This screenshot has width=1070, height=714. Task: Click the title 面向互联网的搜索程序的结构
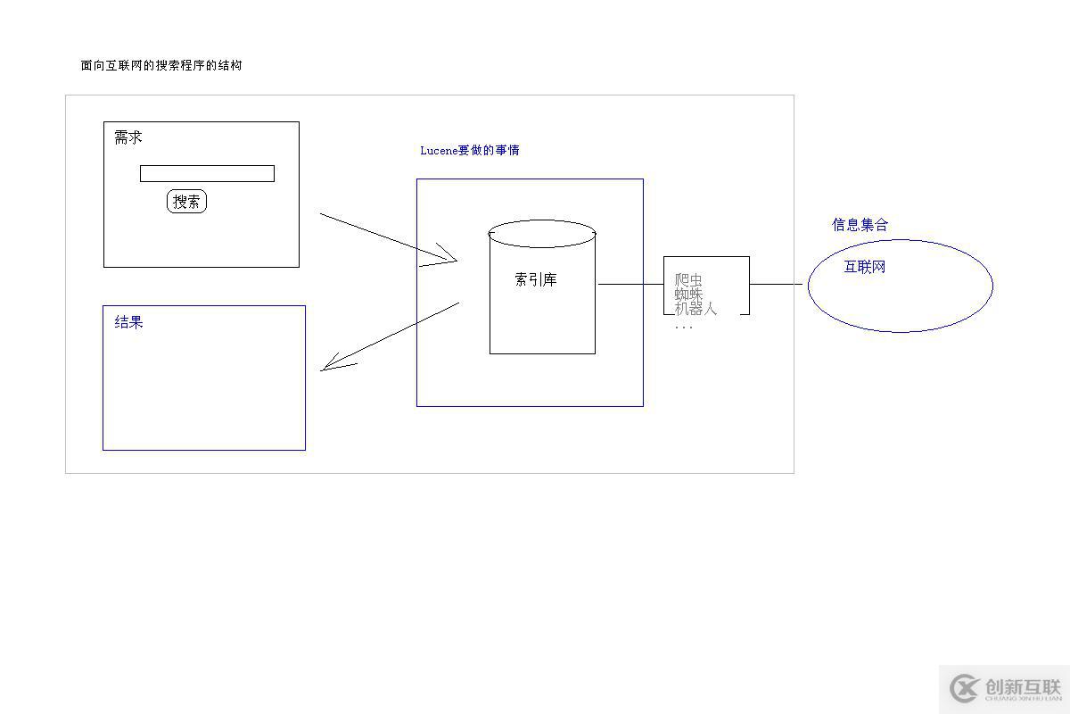(x=160, y=65)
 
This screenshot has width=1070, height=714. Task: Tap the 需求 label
(x=128, y=137)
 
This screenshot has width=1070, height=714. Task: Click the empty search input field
(x=207, y=173)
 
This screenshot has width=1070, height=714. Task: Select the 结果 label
(x=128, y=322)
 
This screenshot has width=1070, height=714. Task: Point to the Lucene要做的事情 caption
(x=469, y=150)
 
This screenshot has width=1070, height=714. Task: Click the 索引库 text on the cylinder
(x=536, y=279)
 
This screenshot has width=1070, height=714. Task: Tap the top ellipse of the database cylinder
(x=541, y=234)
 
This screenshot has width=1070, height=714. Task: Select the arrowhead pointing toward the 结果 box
(x=333, y=364)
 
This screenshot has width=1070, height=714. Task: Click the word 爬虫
(x=688, y=279)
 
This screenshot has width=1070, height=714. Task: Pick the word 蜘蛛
(x=688, y=294)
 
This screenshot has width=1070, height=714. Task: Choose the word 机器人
(x=695, y=309)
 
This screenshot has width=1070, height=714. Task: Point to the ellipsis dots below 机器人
(x=684, y=328)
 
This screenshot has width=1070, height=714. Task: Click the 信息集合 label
(x=860, y=224)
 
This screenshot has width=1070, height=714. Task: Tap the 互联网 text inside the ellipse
(x=864, y=267)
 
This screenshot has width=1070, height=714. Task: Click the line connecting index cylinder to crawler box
(x=630, y=285)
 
